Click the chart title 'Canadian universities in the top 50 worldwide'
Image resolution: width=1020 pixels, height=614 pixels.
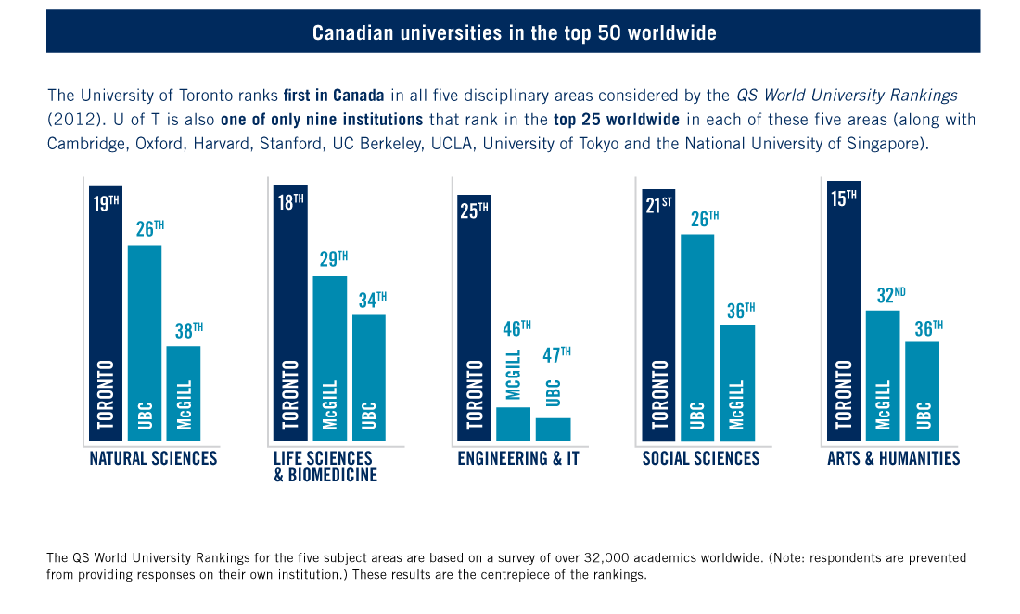pos(514,32)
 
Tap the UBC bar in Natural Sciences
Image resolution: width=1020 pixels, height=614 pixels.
pos(145,343)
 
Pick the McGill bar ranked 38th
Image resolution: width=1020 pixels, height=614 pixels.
pos(183,393)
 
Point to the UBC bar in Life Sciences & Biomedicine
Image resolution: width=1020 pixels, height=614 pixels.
pos(368,377)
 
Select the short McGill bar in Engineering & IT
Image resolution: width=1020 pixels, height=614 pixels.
pos(513,424)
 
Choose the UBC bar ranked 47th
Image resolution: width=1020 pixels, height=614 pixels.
pos(553,429)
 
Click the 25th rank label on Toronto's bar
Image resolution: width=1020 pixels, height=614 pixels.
pos(473,211)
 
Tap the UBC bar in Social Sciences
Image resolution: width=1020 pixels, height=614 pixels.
pos(697,338)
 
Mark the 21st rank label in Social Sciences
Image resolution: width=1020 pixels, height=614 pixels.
pos(657,205)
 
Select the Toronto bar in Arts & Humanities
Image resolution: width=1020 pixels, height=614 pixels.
pos(843,311)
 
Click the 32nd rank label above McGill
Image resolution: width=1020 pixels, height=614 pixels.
pos(890,296)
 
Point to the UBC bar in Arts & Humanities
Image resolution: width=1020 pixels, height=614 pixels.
pos(922,391)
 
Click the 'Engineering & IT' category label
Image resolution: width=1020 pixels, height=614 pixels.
pos(517,459)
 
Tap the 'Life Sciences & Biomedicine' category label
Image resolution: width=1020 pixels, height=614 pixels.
pos(325,467)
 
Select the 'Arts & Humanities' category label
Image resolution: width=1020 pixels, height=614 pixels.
pos(893,459)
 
